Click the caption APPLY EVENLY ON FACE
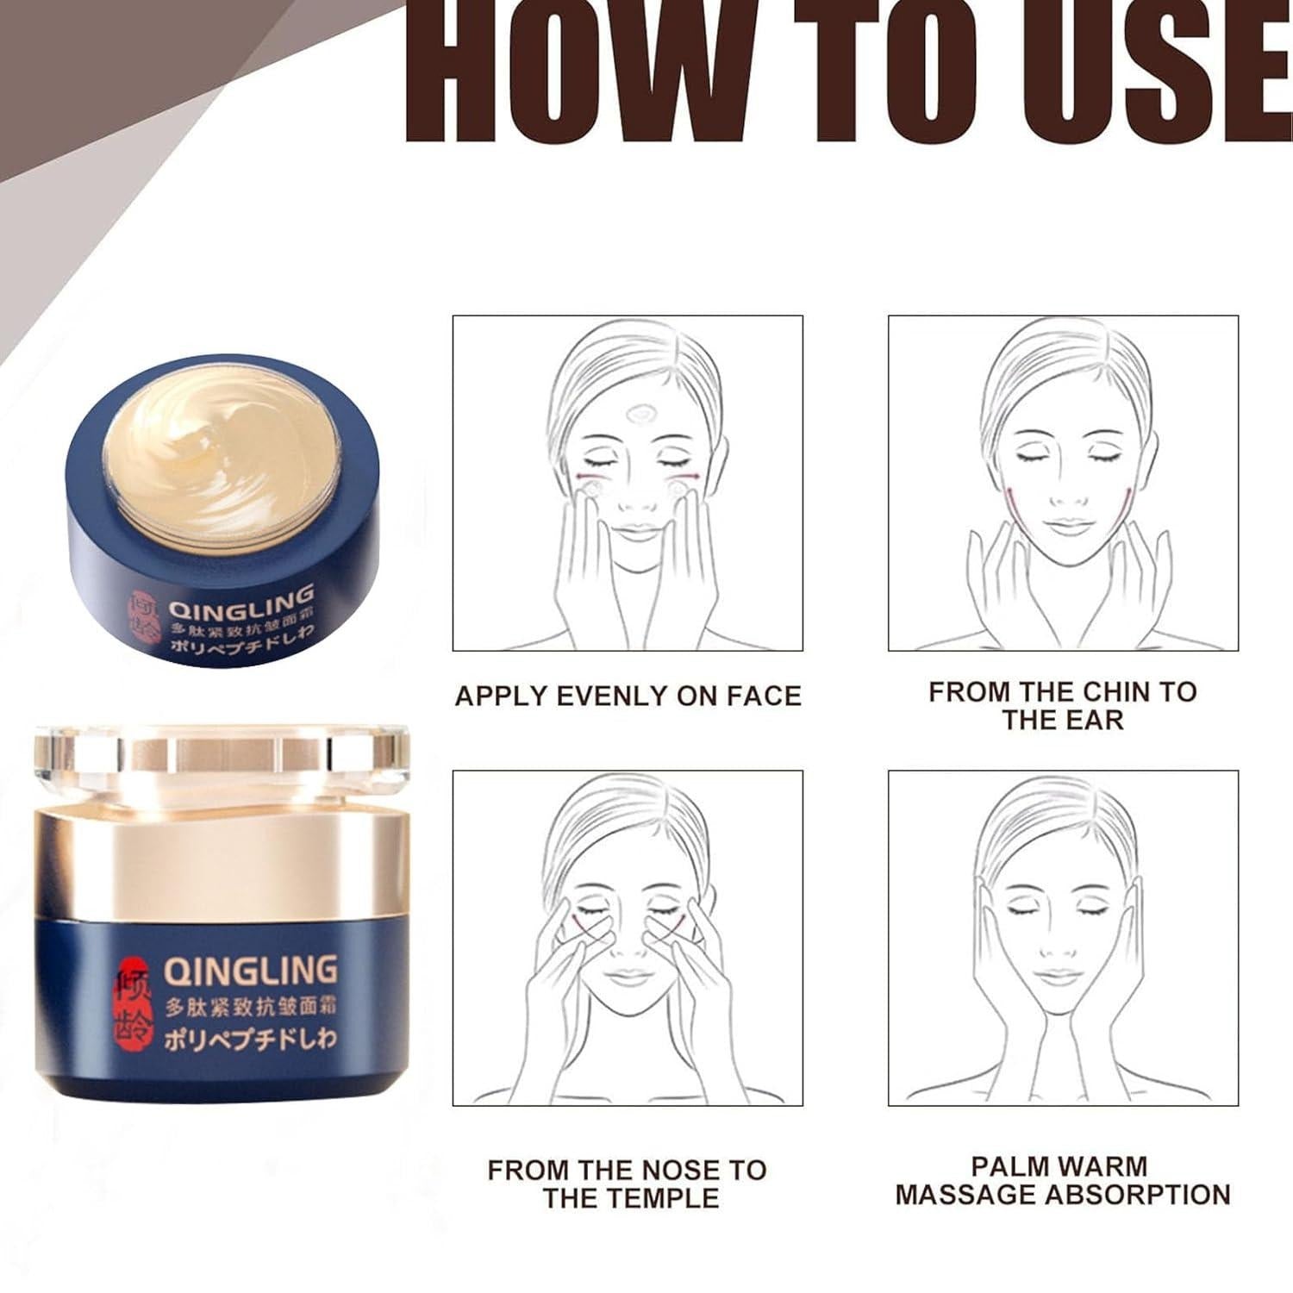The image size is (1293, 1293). click(x=628, y=696)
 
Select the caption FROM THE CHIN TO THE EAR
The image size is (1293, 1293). click(x=1063, y=705)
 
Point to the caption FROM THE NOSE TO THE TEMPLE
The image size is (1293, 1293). click(x=628, y=1184)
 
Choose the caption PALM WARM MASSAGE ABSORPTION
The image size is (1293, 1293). click(x=1063, y=1180)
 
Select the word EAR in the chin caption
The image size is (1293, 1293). click(x=1096, y=720)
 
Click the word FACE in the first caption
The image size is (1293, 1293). click(x=765, y=696)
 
